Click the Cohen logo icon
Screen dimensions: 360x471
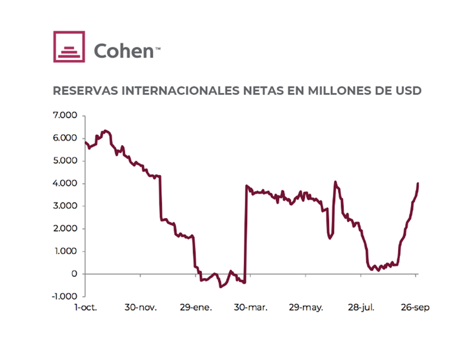[69, 46]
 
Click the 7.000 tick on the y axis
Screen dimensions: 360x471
[64, 115]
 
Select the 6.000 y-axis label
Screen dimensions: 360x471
[64, 138]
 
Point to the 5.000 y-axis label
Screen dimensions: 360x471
[64, 161]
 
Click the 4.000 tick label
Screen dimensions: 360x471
[64, 183]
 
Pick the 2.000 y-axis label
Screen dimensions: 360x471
[64, 228]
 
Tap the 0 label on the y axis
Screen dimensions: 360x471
[74, 274]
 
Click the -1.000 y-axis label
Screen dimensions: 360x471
[63, 296]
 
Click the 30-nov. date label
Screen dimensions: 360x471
[141, 308]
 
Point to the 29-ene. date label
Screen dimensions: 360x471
[194, 308]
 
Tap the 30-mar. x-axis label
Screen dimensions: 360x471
[249, 308]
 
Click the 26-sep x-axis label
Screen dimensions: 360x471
[414, 308]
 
